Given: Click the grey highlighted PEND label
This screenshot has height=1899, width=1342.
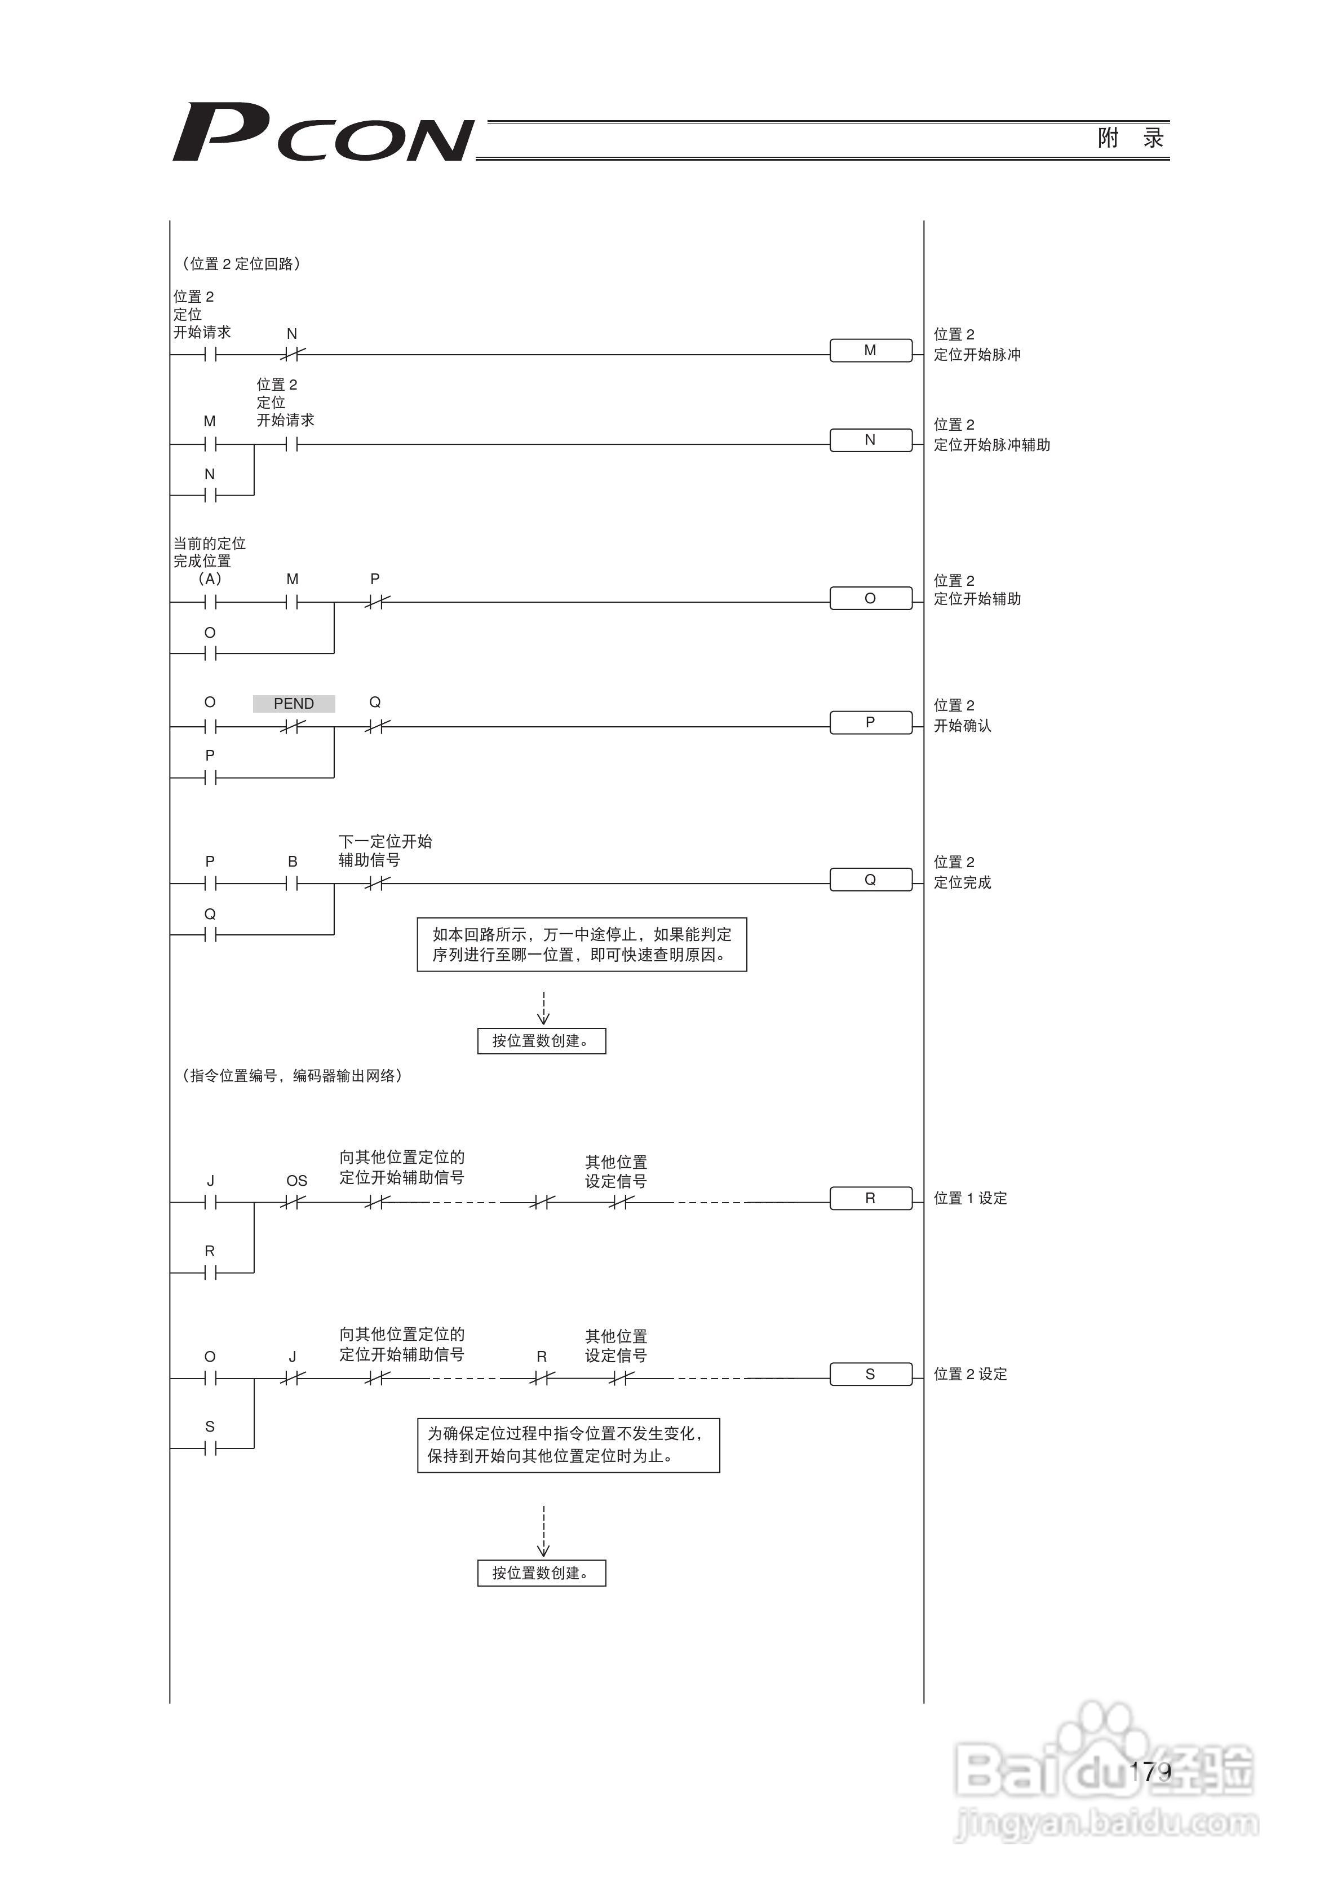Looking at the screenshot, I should point(294,704).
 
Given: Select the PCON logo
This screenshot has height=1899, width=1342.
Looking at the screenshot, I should point(322,133).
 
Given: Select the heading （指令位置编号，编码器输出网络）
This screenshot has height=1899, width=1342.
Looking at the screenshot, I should point(291,1076).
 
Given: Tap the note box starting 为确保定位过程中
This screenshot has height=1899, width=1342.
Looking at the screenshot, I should point(568,1445).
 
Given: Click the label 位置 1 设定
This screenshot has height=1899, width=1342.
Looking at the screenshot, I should point(970,1199).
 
